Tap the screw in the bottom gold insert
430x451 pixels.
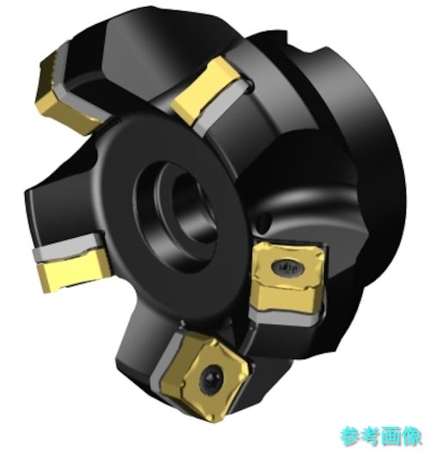click(212, 377)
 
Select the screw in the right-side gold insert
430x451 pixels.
click(287, 267)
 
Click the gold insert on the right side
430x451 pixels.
click(288, 277)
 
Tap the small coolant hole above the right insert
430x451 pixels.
click(264, 221)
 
